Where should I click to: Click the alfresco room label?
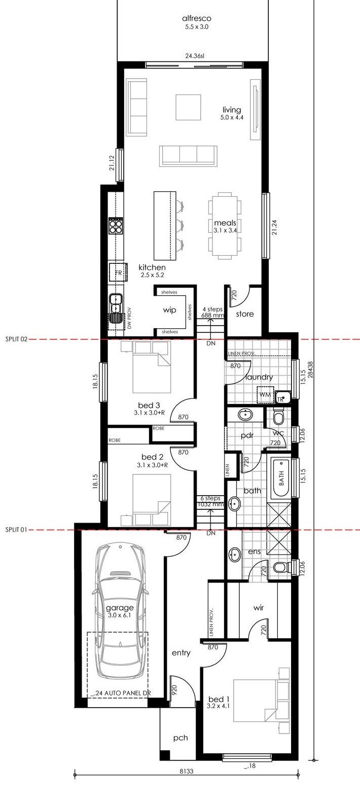pos(196,18)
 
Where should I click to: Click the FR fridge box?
pos(118,272)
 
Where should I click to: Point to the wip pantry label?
pos(169,310)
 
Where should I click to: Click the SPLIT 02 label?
pos(16,339)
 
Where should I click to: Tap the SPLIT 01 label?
pos(16,530)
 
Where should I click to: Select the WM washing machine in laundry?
pos(265,395)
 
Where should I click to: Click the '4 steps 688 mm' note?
pos(213,312)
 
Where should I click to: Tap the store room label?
pos(245,314)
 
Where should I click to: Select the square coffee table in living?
pos(188,107)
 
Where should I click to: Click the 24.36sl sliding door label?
pos(195,56)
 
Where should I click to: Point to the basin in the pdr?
pos(245,414)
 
